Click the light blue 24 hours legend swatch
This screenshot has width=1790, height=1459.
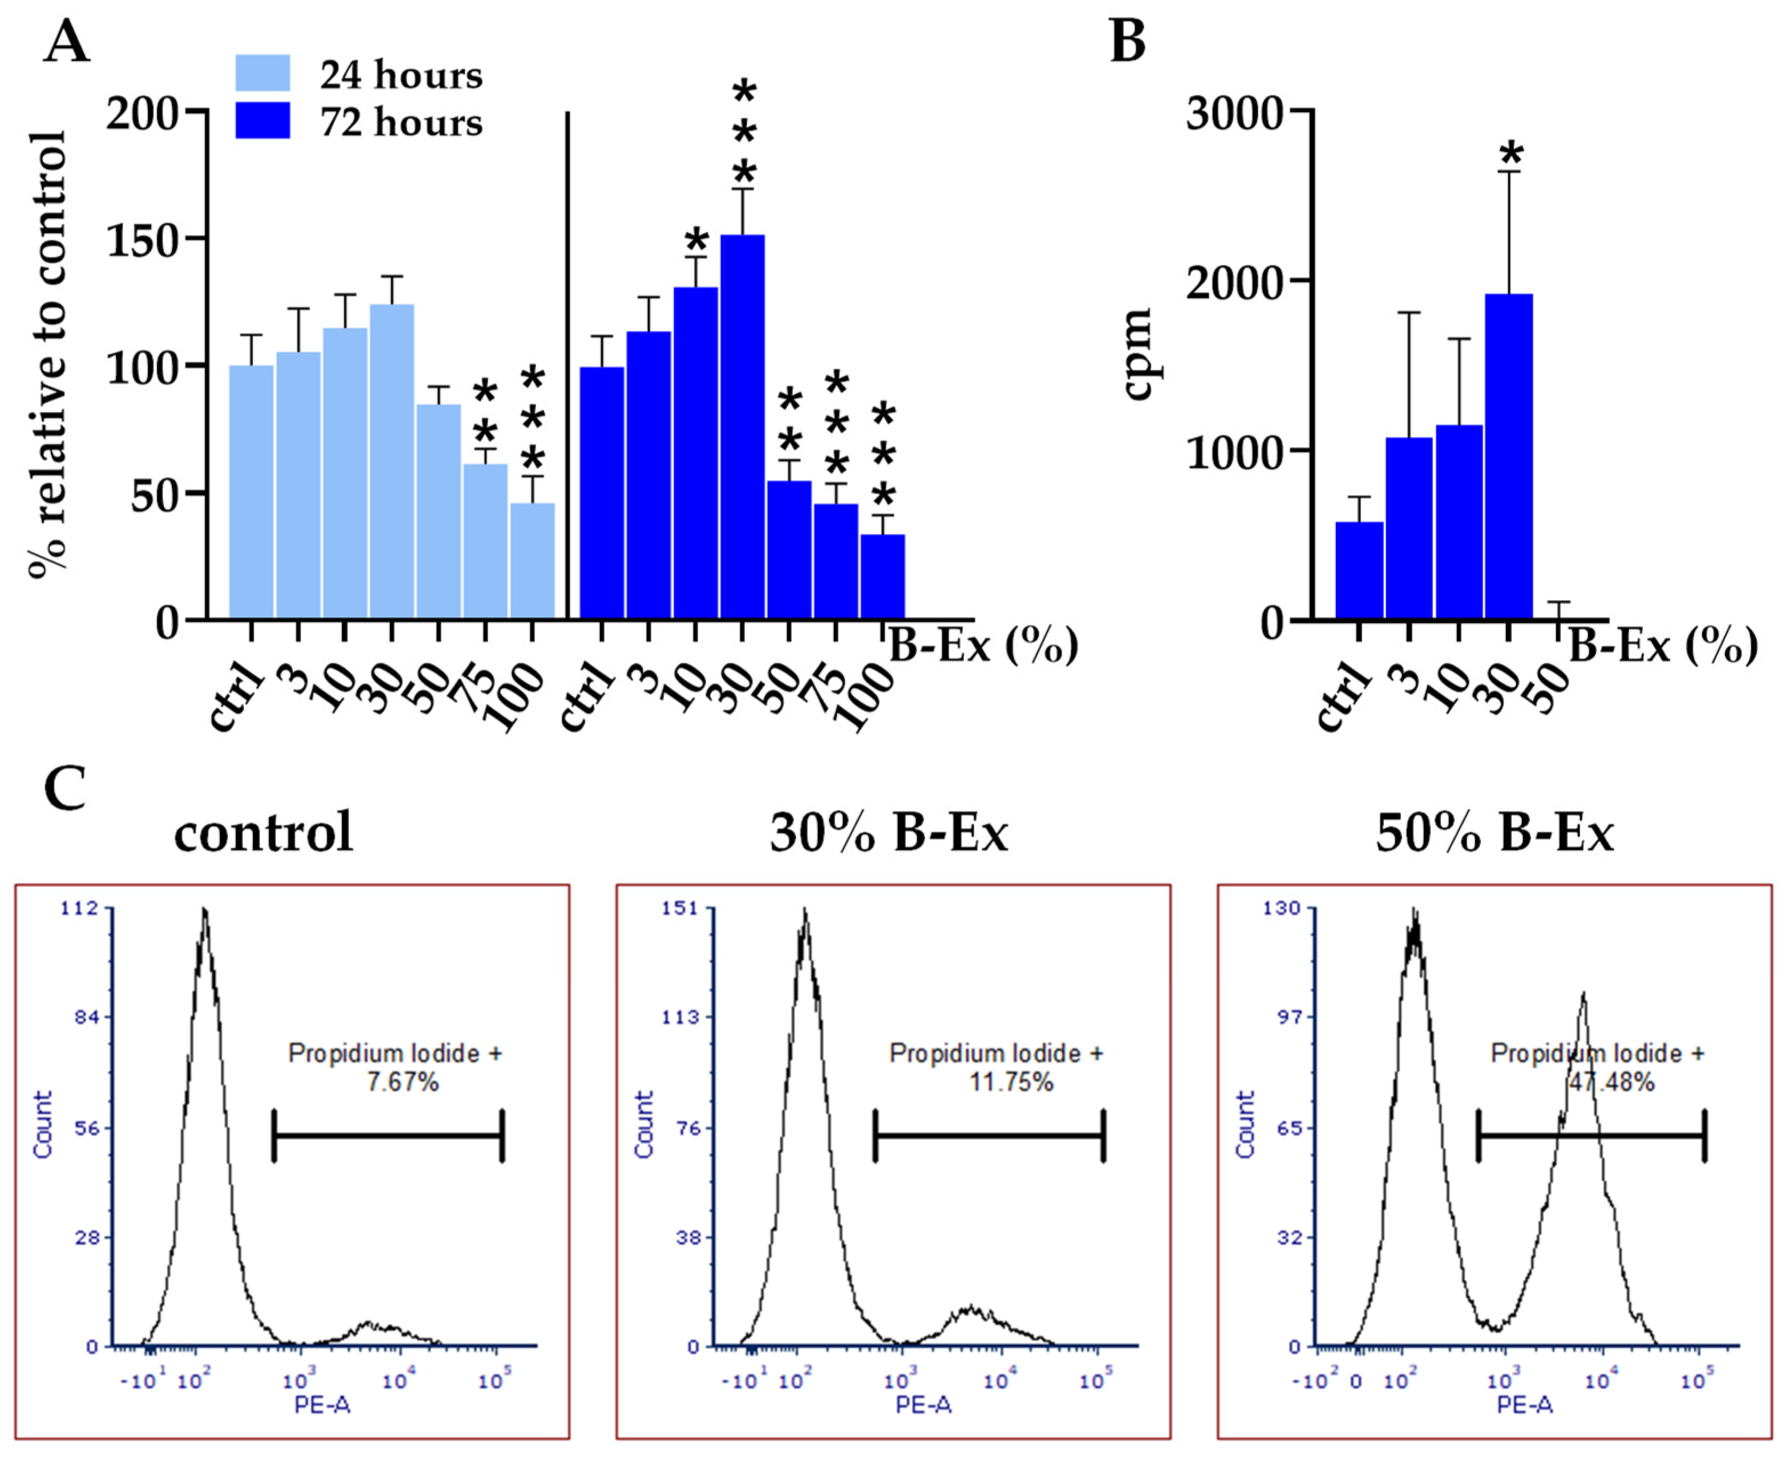262,73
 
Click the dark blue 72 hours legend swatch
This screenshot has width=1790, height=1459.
262,120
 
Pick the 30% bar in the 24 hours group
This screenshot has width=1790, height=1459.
392,462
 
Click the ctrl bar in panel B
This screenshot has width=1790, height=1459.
1359,571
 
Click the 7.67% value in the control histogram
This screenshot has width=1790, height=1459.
403,1081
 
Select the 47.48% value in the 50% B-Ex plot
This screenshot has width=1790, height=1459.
1611,1081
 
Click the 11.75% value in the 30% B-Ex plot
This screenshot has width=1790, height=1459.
1011,1081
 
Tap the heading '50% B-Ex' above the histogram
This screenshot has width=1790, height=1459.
1494,834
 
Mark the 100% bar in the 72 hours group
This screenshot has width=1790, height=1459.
882,577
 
